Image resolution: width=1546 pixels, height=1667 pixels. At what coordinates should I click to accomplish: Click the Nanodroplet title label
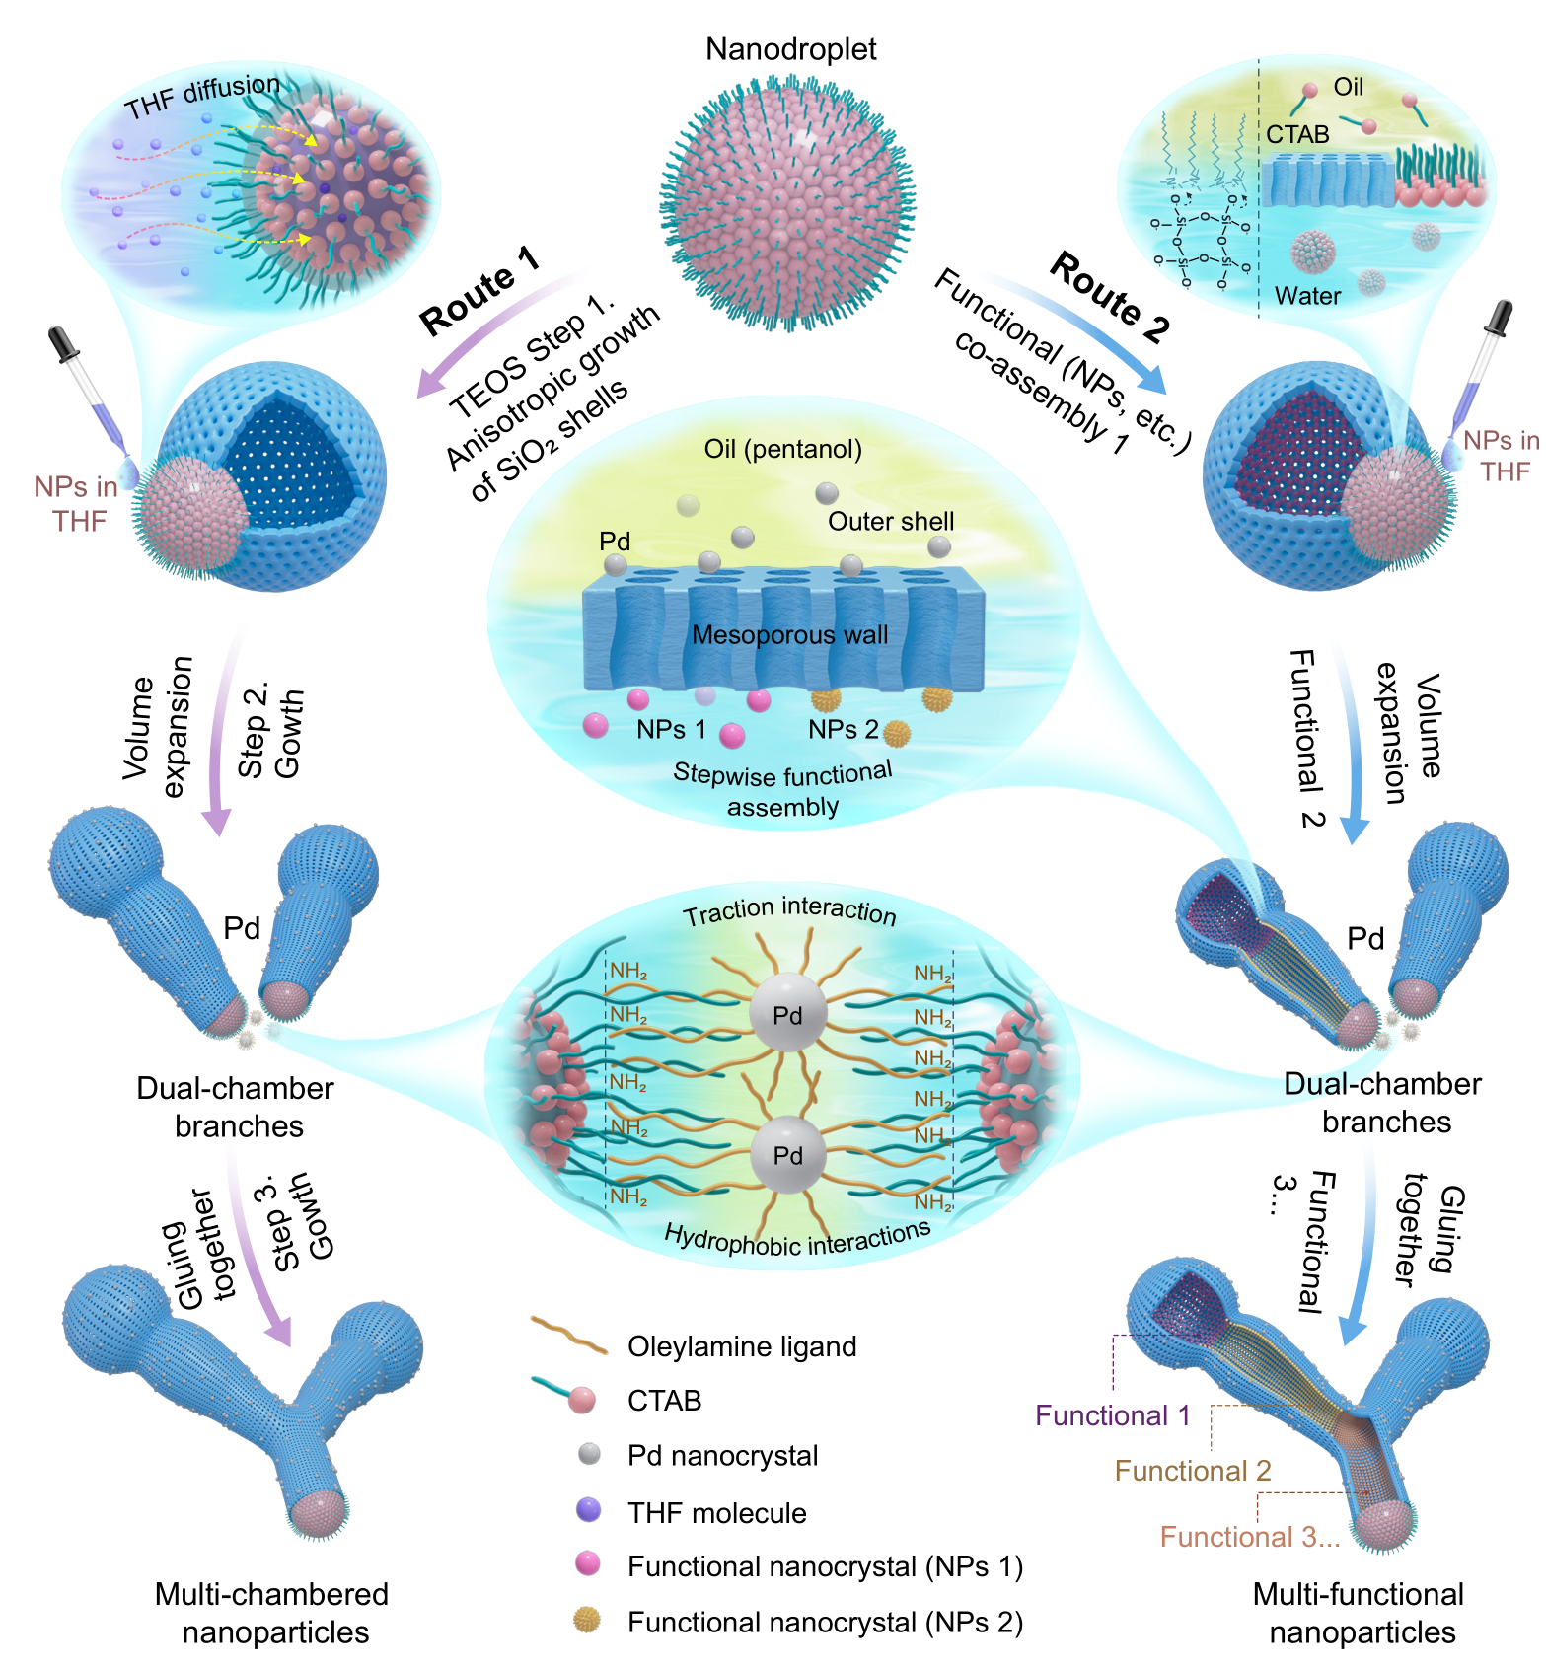(790, 49)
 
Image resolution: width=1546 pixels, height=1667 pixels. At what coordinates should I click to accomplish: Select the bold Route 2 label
(1109, 295)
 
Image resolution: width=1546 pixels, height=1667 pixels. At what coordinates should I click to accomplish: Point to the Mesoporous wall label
(789, 635)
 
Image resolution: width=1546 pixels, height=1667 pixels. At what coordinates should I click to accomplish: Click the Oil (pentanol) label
(782, 450)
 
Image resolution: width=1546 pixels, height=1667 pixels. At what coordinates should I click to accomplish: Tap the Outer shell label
(890, 522)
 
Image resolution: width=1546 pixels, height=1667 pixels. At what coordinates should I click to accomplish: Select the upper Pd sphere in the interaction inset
(786, 1015)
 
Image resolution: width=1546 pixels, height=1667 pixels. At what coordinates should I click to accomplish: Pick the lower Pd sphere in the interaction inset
(786, 1155)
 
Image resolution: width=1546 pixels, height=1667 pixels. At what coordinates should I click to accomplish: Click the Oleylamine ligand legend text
(742, 1346)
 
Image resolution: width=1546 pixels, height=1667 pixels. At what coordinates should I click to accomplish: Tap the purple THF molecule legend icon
(588, 1510)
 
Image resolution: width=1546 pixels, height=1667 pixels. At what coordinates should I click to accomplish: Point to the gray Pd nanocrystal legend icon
(589, 1453)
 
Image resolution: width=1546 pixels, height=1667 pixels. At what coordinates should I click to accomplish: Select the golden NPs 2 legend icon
(587, 1620)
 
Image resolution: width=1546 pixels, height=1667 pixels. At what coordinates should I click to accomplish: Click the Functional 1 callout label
(1112, 1416)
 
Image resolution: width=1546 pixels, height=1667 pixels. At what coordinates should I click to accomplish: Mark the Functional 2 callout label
(1192, 1471)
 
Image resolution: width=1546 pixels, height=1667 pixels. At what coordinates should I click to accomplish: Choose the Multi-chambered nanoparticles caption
(273, 1613)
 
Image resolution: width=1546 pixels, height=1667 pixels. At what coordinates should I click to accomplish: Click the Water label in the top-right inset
(1307, 296)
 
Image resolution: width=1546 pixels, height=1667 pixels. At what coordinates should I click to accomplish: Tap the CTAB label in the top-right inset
(1297, 134)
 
